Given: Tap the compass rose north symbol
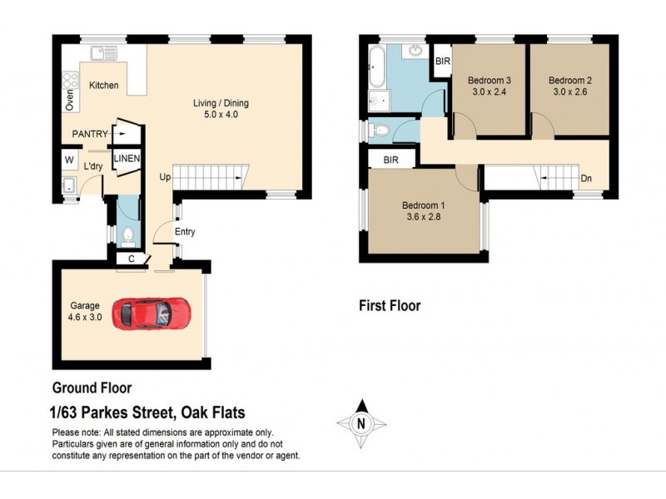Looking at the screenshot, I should click(x=361, y=422).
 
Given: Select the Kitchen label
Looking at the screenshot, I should click(x=104, y=86).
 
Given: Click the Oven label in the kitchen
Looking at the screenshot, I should click(x=70, y=99).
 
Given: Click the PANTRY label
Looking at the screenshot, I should click(x=90, y=133).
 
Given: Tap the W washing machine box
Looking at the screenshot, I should click(x=68, y=160).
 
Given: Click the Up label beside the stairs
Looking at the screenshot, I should click(x=166, y=176).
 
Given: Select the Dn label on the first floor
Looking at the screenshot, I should click(x=586, y=177).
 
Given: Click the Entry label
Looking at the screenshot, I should click(x=185, y=232).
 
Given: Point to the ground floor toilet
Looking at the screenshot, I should click(x=128, y=239).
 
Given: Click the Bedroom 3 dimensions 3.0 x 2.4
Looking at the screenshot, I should click(x=487, y=93).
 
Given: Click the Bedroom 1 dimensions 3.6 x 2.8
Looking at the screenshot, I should click(x=423, y=219).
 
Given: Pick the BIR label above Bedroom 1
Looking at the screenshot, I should click(x=390, y=160).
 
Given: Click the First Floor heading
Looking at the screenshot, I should click(x=390, y=306).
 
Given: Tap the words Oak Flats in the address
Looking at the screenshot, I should click(x=212, y=413).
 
